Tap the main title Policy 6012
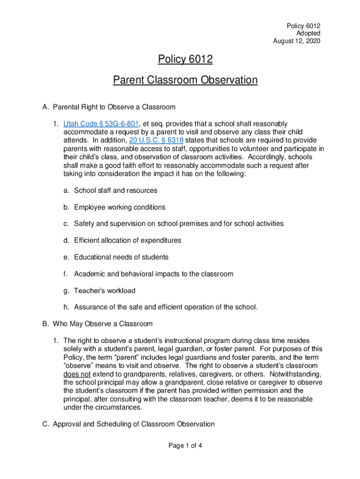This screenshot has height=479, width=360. [x=185, y=59]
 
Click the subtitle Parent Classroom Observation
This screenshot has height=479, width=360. [x=185, y=80]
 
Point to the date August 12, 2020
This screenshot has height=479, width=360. [x=296, y=41]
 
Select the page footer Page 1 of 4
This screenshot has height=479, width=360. [x=185, y=445]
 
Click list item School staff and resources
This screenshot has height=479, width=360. [x=115, y=190]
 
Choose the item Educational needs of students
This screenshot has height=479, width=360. [x=121, y=257]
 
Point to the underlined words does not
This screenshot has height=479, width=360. [x=77, y=374]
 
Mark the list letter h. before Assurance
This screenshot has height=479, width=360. [x=67, y=307]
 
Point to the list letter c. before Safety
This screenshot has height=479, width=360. [x=67, y=224]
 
